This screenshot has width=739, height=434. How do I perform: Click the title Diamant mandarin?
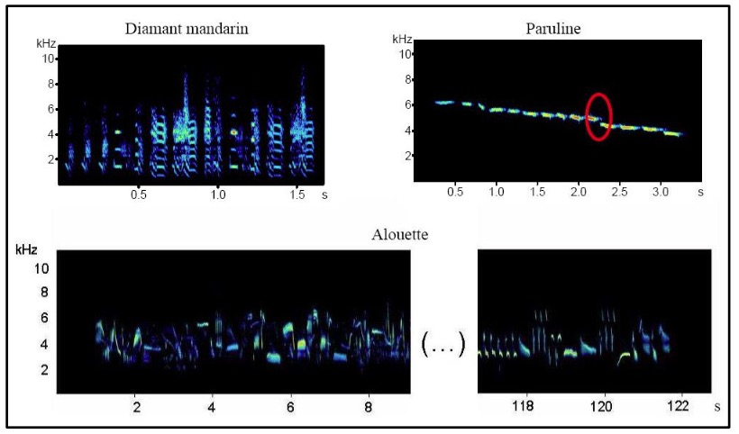coord(187,28)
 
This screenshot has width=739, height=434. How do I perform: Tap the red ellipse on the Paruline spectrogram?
coord(599,116)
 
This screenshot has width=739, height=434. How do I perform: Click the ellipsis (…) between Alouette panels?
coord(442,342)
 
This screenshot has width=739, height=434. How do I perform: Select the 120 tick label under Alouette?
coord(603,406)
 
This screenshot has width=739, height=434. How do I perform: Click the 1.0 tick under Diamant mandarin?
coord(217,194)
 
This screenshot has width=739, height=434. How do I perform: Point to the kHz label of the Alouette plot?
coord(25,248)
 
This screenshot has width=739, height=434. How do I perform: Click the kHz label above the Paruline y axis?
coord(403,39)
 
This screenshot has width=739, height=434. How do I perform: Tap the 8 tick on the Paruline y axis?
coord(407,79)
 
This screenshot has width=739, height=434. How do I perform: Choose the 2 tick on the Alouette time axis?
coord(136,406)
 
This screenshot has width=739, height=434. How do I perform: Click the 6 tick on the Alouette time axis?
coord(290,406)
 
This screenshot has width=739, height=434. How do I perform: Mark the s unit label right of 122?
coord(716,407)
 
